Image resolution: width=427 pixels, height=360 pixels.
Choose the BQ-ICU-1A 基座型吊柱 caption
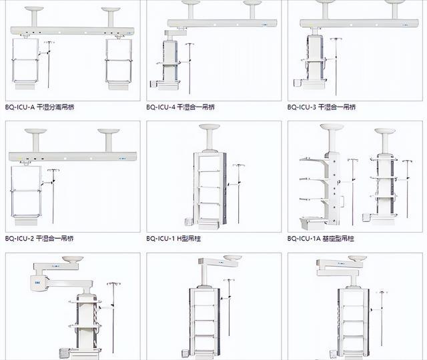321,238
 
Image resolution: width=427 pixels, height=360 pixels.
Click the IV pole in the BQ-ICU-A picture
49,63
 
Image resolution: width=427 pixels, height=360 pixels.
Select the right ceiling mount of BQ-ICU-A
110,17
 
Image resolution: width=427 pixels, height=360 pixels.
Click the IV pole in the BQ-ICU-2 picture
53,193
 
